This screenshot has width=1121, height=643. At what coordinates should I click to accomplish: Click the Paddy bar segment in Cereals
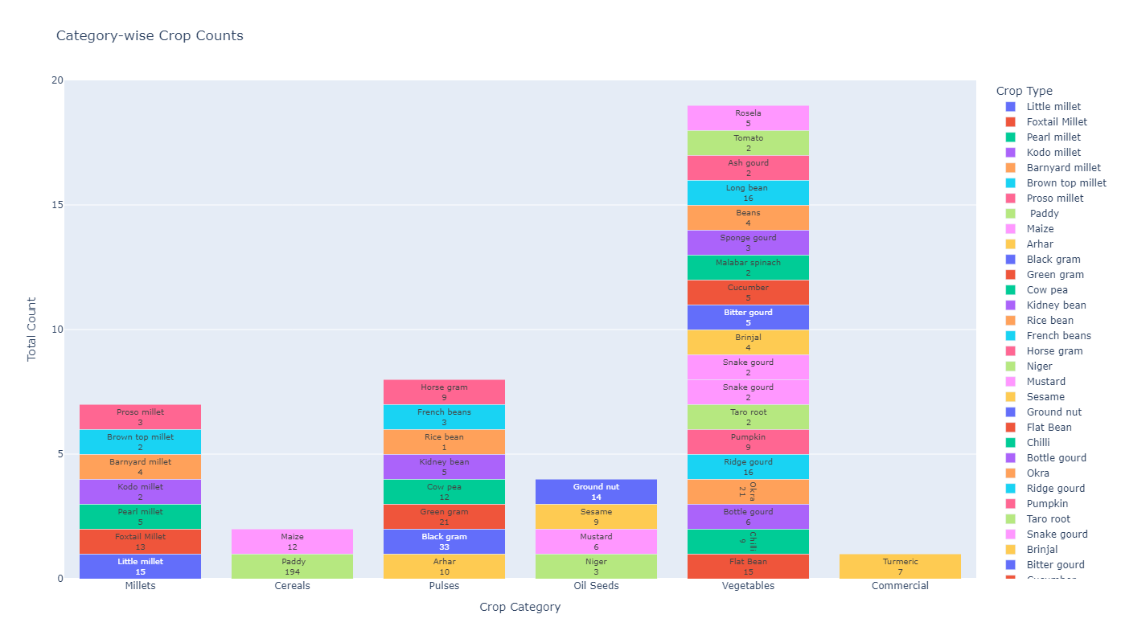pyautogui.click(x=292, y=567)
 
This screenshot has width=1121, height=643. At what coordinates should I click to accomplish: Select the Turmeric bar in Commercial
pyautogui.click(x=900, y=567)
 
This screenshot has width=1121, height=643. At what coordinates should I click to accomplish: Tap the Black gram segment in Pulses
pyautogui.click(x=444, y=542)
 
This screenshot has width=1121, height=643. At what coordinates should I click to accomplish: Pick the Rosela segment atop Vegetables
pyautogui.click(x=748, y=118)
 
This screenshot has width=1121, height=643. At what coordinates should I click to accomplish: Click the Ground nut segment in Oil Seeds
pyautogui.click(x=596, y=492)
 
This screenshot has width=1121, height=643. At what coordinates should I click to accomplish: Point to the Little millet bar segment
pyautogui.click(x=140, y=567)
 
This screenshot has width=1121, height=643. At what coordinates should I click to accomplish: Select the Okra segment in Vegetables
pyautogui.click(x=748, y=492)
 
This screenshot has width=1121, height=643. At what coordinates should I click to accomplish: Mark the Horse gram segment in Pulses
pyautogui.click(x=444, y=392)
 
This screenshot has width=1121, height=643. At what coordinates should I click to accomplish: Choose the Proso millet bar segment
pyautogui.click(x=140, y=417)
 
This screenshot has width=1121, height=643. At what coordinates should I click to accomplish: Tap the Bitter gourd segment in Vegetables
pyautogui.click(x=748, y=317)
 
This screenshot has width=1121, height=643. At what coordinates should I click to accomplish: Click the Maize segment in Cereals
pyautogui.click(x=292, y=542)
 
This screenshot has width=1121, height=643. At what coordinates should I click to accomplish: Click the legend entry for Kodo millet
pyautogui.click(x=1053, y=153)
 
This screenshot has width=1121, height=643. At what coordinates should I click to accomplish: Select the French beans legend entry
pyautogui.click(x=1058, y=336)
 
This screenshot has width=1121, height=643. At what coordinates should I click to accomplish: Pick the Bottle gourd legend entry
pyautogui.click(x=1056, y=458)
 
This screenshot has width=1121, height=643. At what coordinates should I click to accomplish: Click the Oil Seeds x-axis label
pyautogui.click(x=596, y=586)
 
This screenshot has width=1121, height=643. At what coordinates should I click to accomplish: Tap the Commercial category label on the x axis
pyautogui.click(x=900, y=586)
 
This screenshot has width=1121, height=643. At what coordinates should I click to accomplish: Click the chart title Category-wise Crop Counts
pyautogui.click(x=150, y=36)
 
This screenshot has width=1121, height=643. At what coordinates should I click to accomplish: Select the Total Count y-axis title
pyautogui.click(x=32, y=329)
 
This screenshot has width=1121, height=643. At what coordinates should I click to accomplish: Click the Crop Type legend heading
pyautogui.click(x=1024, y=91)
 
